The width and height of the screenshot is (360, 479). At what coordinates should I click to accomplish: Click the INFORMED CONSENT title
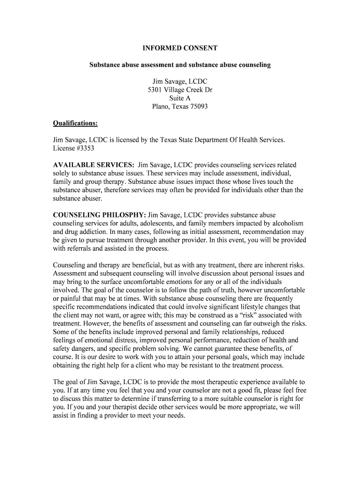pos(180,48)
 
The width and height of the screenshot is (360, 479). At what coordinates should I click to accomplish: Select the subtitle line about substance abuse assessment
pos(180,65)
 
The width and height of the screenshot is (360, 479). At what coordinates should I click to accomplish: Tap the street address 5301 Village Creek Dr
pos(180,90)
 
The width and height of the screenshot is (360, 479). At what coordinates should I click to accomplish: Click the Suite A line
pos(180,98)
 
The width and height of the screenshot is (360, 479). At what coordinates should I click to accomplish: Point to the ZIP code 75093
pos(198,107)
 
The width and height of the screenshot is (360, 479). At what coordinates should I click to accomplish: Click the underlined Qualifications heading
pos(75,123)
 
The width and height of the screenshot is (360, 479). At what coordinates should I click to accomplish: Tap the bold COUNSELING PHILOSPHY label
pos(99,215)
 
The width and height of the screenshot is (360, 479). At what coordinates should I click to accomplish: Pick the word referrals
pos(82,248)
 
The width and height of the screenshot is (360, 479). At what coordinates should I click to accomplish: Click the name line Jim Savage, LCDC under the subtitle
pos(180,81)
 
